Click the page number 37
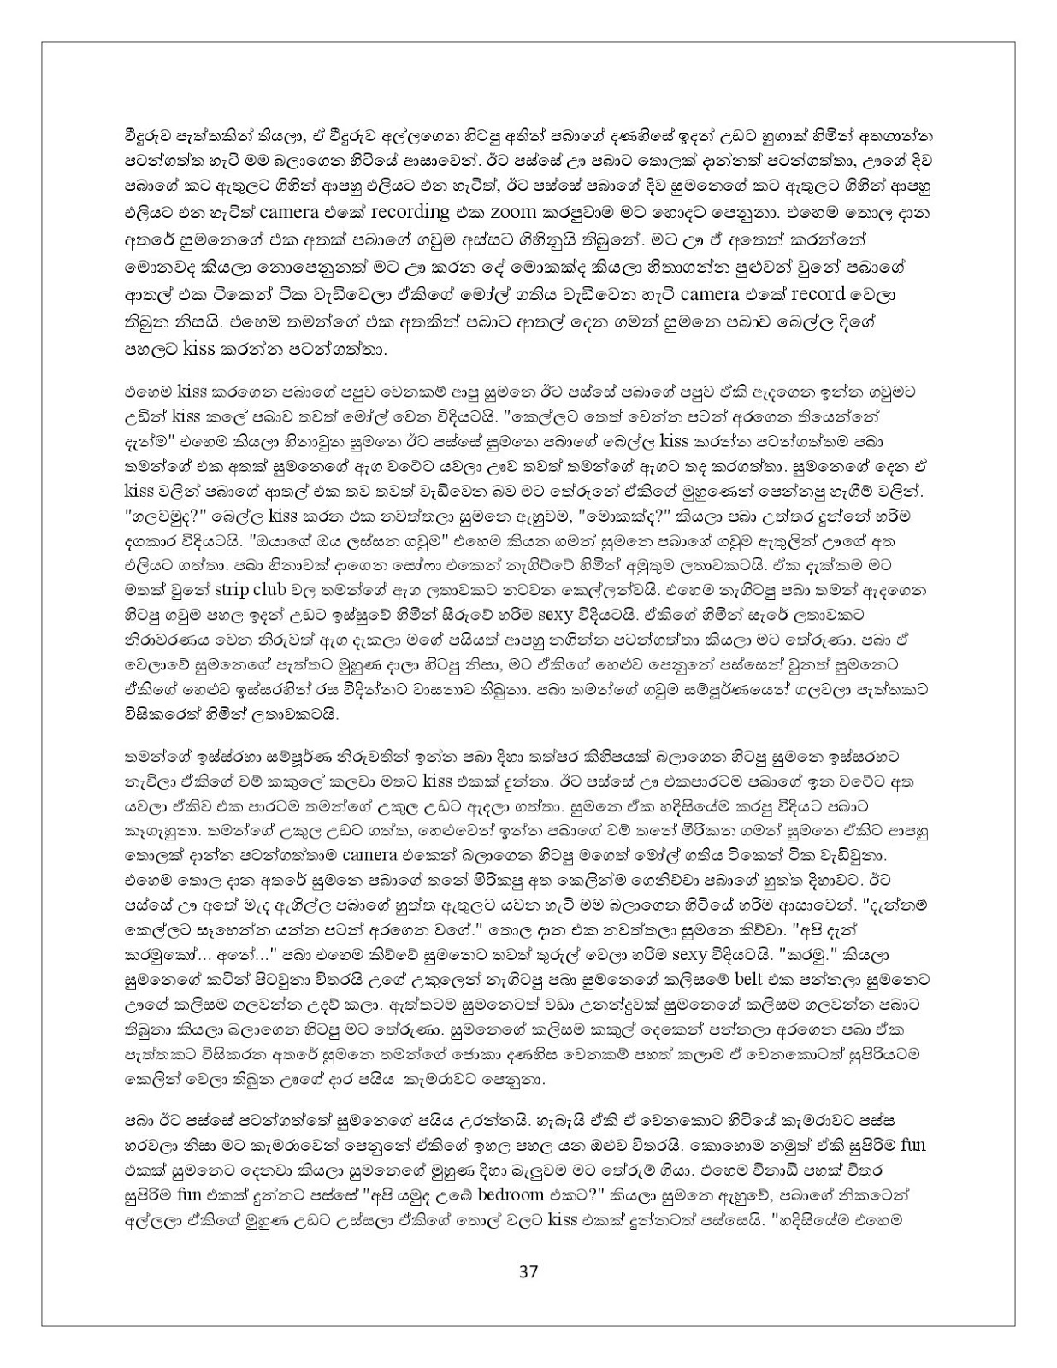[x=528, y=1271]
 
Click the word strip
[x=231, y=589]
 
